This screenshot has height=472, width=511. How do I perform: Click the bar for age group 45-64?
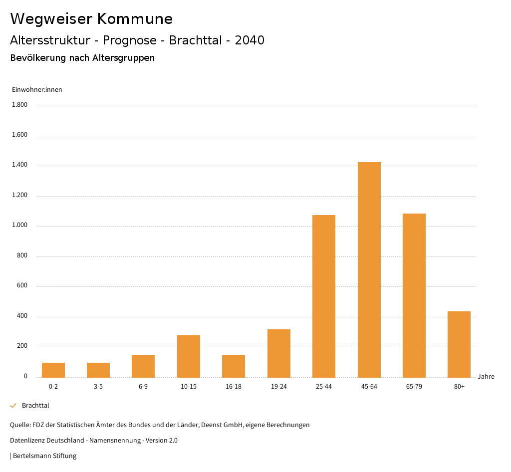tap(369, 269)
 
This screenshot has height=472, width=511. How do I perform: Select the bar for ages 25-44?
tap(324, 296)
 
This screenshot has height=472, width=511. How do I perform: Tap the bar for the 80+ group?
tap(459, 344)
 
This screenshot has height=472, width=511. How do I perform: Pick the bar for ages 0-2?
tap(53, 370)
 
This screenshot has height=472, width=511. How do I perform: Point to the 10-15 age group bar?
tap(189, 356)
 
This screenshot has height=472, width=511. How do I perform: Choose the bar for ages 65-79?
tap(414, 295)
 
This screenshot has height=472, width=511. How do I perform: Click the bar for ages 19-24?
tap(279, 353)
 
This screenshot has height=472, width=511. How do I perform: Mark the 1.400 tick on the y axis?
tap(19, 165)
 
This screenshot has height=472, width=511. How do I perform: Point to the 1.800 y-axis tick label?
tap(19, 105)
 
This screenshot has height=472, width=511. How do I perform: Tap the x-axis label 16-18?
tap(234, 387)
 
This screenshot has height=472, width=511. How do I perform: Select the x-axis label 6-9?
tap(143, 387)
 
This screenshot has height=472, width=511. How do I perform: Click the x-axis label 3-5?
tap(98, 387)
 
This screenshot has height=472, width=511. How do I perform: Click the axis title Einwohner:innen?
tap(37, 90)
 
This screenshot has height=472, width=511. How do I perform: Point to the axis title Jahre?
tap(486, 377)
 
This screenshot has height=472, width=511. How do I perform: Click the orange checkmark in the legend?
tap(13, 406)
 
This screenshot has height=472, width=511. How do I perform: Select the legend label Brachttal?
tap(35, 406)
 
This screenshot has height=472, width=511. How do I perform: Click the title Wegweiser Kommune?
tap(91, 19)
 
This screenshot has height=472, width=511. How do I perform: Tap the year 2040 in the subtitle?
tap(250, 40)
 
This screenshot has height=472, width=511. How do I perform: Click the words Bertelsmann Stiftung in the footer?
tap(44, 456)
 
